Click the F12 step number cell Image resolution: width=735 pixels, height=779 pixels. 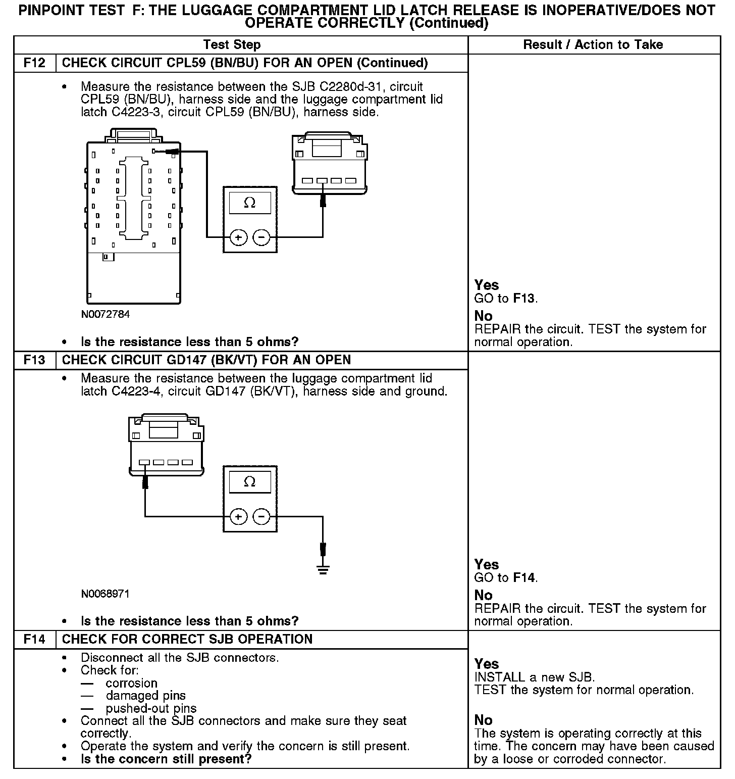(x=34, y=63)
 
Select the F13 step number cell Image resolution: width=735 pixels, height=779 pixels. (x=34, y=360)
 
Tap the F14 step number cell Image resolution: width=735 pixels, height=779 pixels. (x=34, y=640)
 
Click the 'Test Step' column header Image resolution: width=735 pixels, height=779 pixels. (x=232, y=45)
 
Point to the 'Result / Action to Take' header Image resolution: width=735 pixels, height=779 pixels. (x=593, y=45)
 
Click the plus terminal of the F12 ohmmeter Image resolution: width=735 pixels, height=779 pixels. (x=238, y=237)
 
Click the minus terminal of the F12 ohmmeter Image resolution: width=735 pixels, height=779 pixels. (x=261, y=237)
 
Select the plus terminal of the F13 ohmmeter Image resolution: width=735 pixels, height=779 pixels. (x=238, y=517)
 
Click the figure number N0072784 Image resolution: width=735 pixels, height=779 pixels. (x=105, y=314)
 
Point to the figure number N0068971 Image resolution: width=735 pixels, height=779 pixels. (x=105, y=594)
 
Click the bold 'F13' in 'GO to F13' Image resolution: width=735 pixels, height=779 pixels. (x=523, y=299)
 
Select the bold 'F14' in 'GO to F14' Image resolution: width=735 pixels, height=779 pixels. (x=523, y=578)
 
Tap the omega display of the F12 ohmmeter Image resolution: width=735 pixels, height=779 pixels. (x=250, y=203)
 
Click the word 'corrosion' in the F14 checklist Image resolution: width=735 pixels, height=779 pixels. (x=131, y=683)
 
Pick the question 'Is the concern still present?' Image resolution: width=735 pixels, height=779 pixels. (x=166, y=759)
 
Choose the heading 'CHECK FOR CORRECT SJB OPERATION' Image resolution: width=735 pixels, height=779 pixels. (x=187, y=640)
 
